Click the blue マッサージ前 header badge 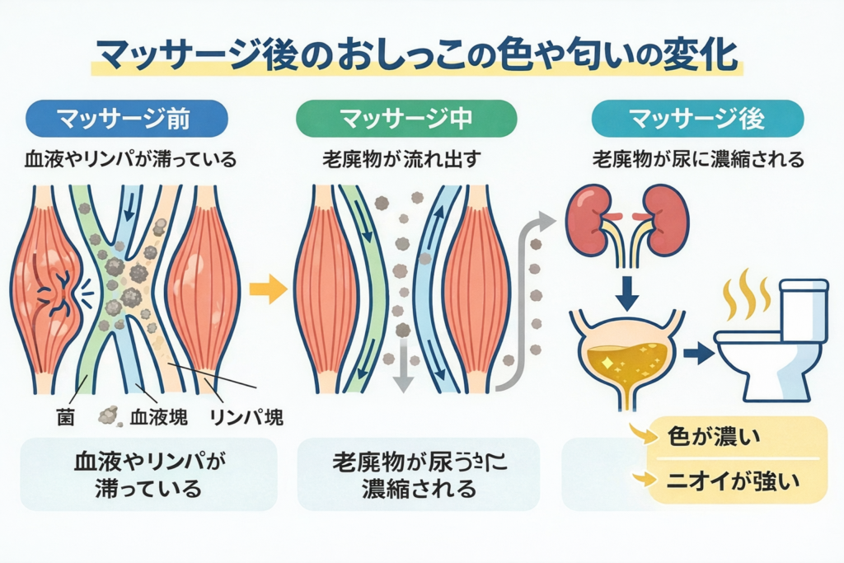coord(126,118)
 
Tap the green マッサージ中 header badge coord(406,118)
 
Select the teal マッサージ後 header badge coord(697,118)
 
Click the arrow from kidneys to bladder coord(629,289)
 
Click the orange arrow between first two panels coord(267,289)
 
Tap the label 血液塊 coord(157,416)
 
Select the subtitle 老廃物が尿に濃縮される coord(697,159)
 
